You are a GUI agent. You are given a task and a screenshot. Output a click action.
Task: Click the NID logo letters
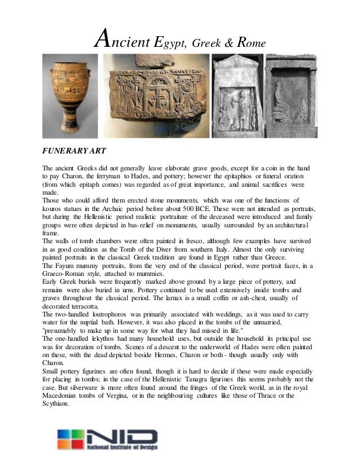(124, 436)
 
